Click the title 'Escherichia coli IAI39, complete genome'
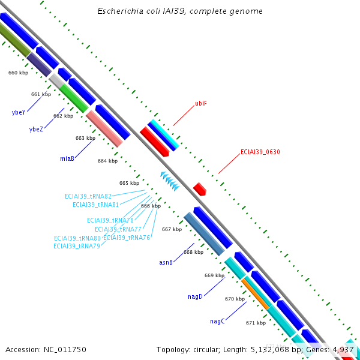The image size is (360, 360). point(180,11)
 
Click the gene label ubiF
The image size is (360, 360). point(201,103)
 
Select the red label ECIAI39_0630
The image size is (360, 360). point(260,152)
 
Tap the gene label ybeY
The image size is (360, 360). point(18,113)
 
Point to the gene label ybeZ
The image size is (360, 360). point(36,129)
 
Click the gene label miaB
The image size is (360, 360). point(67,159)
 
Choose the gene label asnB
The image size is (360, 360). point(166,262)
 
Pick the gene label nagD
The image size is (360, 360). point(196,296)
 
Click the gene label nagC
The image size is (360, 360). point(217,321)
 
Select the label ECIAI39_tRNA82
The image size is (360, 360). point(88,196)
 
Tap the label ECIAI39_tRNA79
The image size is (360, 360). point(76,245)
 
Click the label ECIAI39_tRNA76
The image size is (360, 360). point(127,238)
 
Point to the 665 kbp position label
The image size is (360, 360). point(129,183)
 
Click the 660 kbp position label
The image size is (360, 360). point(18,73)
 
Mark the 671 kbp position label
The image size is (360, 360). point(256,323)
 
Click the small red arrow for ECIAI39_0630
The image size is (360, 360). point(200,189)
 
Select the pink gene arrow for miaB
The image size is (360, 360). point(104,128)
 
